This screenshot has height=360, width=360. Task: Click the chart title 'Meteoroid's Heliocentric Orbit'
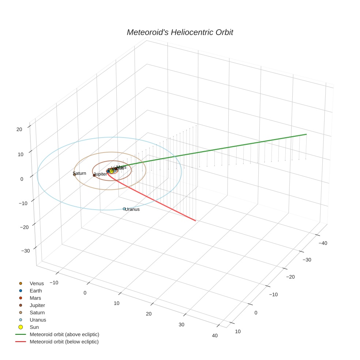coord(180,32)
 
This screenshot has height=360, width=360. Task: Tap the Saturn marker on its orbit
coord(75,175)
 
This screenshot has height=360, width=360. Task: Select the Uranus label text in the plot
coord(132,209)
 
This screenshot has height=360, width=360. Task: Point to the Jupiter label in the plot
coord(101,174)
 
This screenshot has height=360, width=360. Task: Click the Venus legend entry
coord(37,284)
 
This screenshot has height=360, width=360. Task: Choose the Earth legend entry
coord(36,291)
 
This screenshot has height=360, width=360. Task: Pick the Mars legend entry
coord(35,298)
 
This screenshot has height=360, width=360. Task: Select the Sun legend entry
coord(34,327)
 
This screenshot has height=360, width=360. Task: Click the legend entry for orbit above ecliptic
coord(64,334)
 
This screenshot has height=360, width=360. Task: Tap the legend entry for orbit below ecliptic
coord(64,342)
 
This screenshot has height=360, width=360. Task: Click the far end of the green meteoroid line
coord(306,135)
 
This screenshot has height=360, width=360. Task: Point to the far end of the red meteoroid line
coord(195,221)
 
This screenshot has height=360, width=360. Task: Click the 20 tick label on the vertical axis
coord(19,129)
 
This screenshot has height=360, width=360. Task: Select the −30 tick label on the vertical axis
coord(26,251)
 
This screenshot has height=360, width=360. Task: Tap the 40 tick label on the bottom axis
coord(214,336)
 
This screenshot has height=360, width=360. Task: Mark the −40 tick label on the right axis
coord(323,243)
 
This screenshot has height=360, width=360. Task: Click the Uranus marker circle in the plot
coord(124,209)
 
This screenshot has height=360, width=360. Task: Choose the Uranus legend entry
coord(38,320)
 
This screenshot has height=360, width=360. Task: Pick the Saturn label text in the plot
coord(80,173)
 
